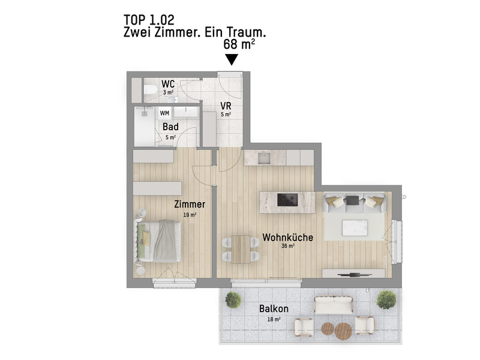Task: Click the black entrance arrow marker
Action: (x=231, y=59)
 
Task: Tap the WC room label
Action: (x=168, y=83)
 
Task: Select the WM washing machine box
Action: (x=164, y=112)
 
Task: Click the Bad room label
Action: (x=170, y=127)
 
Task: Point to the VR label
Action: (x=226, y=106)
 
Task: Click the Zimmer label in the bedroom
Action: (x=190, y=205)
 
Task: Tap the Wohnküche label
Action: (x=287, y=238)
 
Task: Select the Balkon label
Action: (x=274, y=309)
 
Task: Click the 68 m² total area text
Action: (x=238, y=44)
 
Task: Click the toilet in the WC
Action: (x=150, y=91)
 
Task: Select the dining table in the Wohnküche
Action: (x=241, y=248)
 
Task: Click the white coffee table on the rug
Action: (x=353, y=227)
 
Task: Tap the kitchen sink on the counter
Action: (x=265, y=157)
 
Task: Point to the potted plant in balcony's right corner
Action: (x=386, y=298)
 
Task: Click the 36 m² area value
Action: (x=287, y=246)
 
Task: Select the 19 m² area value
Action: (x=190, y=214)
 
